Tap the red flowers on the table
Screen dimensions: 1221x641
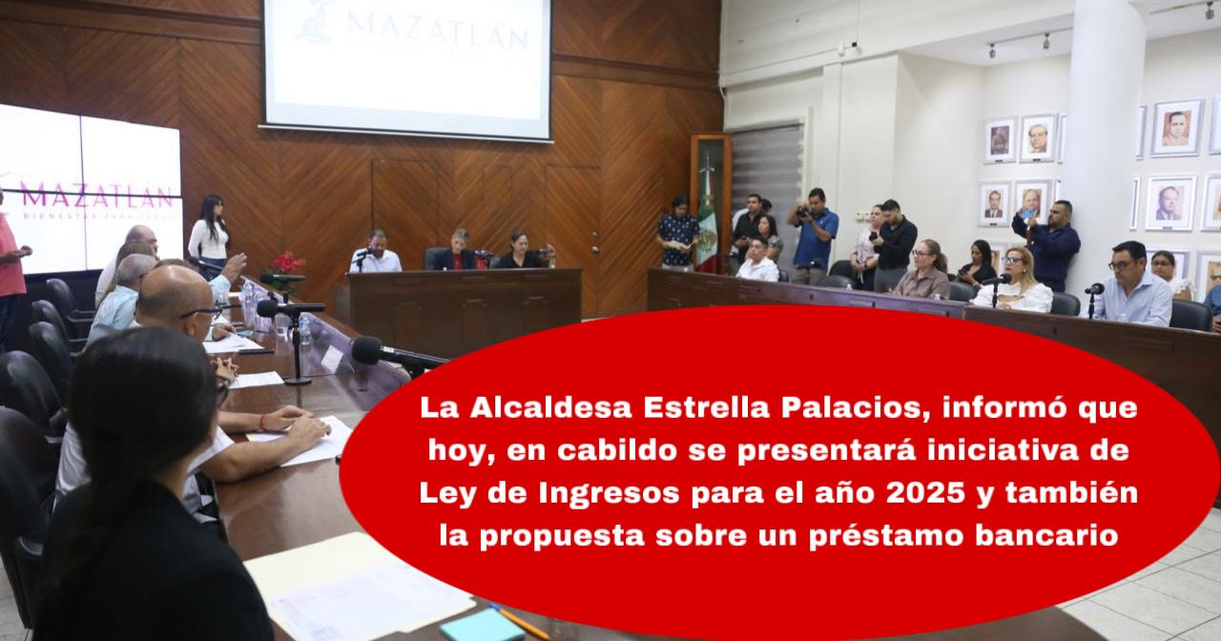[285, 266]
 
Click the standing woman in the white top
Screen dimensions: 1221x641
[208, 235]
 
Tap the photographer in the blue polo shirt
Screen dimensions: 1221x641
[815, 235]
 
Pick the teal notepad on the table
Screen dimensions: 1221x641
[482, 626]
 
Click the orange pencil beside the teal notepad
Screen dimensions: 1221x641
[522, 623]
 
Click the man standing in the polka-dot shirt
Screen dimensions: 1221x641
[677, 234]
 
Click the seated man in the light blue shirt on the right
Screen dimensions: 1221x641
[1134, 285]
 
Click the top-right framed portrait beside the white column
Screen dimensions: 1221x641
[1177, 128]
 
